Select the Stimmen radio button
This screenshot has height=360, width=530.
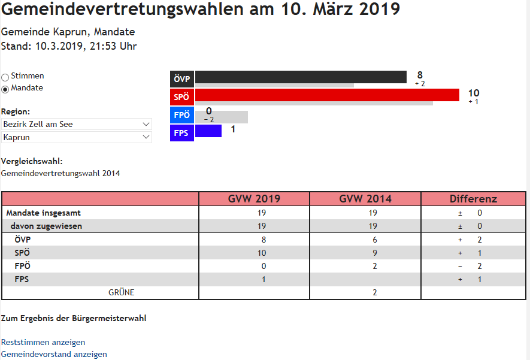5,77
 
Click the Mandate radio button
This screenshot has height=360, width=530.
5,89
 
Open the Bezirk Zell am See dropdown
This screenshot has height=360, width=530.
76,124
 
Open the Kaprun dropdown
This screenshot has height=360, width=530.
76,137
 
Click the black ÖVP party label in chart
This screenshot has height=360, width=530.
182,80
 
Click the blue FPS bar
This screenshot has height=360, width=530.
208,131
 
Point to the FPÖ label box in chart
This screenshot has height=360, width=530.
182,115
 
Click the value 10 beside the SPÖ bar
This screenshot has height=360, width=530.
473,93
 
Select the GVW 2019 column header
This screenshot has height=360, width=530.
254,199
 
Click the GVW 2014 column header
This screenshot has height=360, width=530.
365,199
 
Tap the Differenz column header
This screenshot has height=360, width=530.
473,199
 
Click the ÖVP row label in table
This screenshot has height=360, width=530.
23,240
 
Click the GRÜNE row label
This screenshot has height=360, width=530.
121,292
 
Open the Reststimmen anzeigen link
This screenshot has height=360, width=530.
43,342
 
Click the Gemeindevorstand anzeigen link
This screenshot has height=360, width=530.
54,354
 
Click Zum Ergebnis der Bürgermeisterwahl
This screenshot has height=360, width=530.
74,318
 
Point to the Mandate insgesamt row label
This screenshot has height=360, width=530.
44,213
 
